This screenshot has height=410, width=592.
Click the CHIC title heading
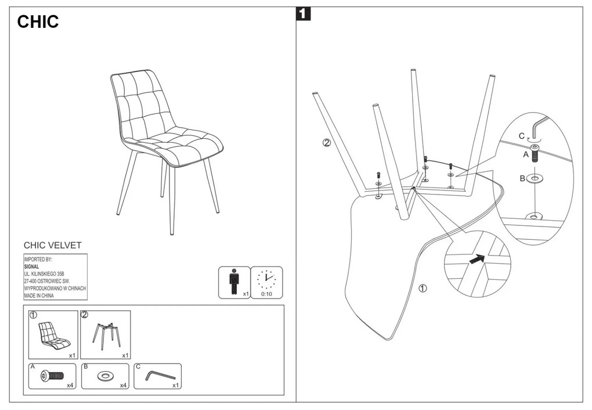[38, 22]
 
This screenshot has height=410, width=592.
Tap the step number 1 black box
[303, 13]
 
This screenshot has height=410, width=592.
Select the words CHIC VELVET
[53, 246]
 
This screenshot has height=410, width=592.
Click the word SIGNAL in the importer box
[31, 267]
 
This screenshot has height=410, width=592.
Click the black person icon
[233, 280]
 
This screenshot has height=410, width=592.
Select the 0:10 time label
[267, 294]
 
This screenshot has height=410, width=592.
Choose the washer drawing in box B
[105, 377]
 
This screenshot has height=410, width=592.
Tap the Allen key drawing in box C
[159, 376]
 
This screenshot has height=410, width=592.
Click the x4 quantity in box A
[70, 385]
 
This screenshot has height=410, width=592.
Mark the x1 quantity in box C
[175, 385]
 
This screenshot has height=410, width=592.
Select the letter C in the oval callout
[522, 136]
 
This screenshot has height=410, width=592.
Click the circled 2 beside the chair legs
[327, 143]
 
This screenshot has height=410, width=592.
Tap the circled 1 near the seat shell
[423, 289]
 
